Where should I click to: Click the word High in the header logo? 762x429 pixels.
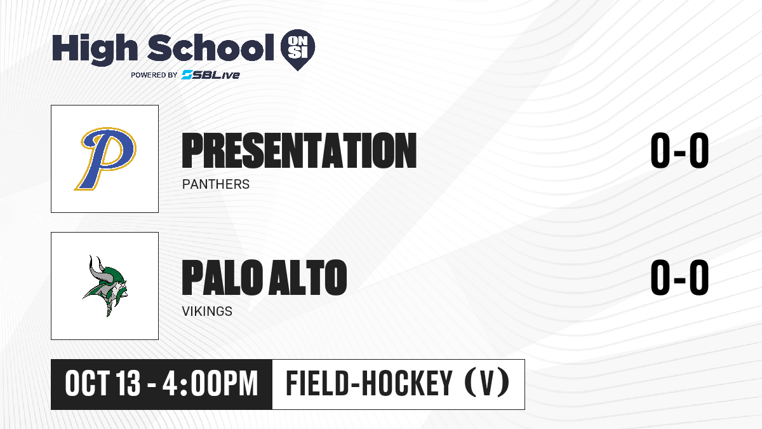pyautogui.click(x=95, y=49)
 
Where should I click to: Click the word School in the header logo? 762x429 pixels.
pyautogui.click(x=211, y=48)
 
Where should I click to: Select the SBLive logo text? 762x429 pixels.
pyautogui.click(x=211, y=75)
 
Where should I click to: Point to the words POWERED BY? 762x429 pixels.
pyautogui.click(x=154, y=75)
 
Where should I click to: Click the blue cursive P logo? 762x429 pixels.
pyautogui.click(x=105, y=159)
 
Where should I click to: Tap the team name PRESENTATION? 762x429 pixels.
pyautogui.click(x=299, y=151)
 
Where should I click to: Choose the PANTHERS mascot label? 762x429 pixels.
pyautogui.click(x=216, y=184)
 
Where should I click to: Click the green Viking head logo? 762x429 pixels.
pyautogui.click(x=105, y=286)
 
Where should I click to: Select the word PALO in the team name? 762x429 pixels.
pyautogui.click(x=222, y=278)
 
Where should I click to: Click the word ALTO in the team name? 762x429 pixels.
pyautogui.click(x=307, y=278)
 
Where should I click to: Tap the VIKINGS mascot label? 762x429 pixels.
pyautogui.click(x=207, y=311)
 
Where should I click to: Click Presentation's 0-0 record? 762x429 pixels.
pyautogui.click(x=679, y=151)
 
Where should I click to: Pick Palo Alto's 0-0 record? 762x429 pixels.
pyautogui.click(x=679, y=278)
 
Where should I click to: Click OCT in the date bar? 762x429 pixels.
pyautogui.click(x=87, y=383)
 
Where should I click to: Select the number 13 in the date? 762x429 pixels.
pyautogui.click(x=128, y=383)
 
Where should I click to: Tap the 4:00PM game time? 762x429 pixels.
pyautogui.click(x=210, y=383)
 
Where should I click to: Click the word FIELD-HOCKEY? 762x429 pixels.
pyautogui.click(x=369, y=383)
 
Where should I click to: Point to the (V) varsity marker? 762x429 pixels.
pyautogui.click(x=487, y=384)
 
